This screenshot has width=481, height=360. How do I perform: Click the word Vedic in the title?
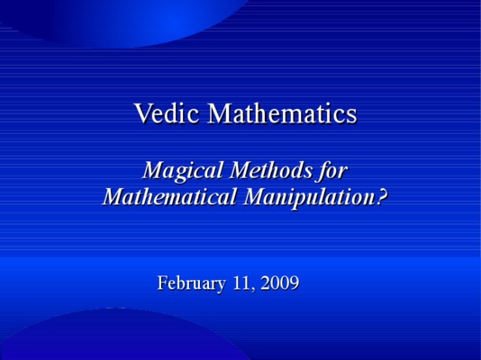167,112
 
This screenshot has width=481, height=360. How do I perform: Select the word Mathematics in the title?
283,112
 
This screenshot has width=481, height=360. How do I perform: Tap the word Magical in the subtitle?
183,171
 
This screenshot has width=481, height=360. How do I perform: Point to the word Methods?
271,170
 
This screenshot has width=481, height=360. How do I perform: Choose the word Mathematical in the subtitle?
169,196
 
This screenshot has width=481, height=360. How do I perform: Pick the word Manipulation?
309,198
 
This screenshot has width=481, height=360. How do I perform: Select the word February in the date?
192,283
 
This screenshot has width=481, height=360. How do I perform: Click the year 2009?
280,283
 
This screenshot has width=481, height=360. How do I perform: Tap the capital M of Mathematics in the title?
221,113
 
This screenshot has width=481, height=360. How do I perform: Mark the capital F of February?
162,283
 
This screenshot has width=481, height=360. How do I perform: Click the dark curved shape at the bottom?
123,337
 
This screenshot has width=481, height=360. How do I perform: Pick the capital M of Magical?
155,170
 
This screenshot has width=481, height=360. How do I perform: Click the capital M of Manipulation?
257,196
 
